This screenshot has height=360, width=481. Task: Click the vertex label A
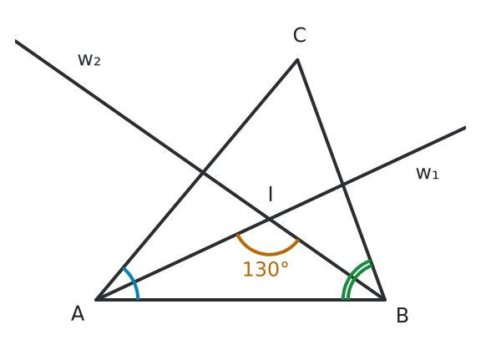pos(78,313)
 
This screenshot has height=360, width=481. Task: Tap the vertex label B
pos(403,315)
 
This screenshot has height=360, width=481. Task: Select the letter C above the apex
pos(300,35)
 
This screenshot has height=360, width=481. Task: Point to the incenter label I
pos(271,194)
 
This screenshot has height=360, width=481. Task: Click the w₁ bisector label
pos(428,174)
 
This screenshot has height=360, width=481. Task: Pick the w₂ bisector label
pos(89,60)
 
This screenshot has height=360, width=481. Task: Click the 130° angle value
pos(266,270)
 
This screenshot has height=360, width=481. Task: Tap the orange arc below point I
pos(269,254)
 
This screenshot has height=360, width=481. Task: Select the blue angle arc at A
pos(134,281)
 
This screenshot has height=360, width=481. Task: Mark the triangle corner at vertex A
pos(96,299)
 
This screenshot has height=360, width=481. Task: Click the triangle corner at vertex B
pos(385,299)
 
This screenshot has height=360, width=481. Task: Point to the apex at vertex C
pos(297,59)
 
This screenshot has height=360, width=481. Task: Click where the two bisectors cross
pos(270,219)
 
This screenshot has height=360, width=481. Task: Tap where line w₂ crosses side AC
pos(202,173)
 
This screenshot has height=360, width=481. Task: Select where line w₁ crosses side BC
pos(343,185)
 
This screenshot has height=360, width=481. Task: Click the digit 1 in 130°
pos(248,270)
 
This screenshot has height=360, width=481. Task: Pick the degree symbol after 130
pos(285,266)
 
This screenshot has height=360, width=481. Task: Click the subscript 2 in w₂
pos(97,62)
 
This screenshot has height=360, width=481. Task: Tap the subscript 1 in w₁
pos(435,175)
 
